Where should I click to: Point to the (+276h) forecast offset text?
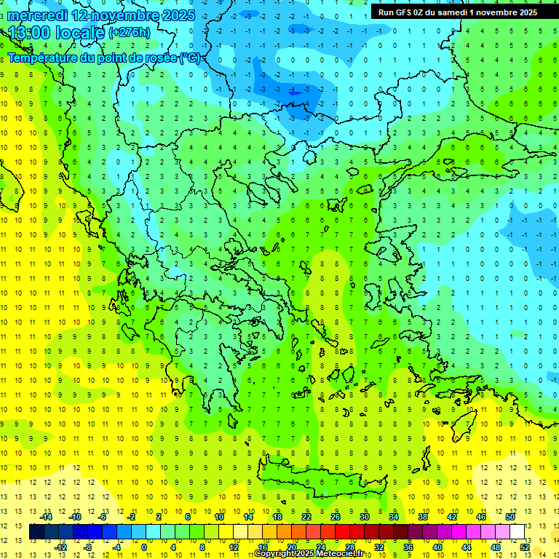[130, 33]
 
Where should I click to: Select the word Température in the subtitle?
[45, 58]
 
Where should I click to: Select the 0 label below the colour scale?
[145, 547]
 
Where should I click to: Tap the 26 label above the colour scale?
[336, 517]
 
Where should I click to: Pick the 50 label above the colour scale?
[510, 517]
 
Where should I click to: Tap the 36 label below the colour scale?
[408, 547]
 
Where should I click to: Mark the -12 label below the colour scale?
[61, 547]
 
